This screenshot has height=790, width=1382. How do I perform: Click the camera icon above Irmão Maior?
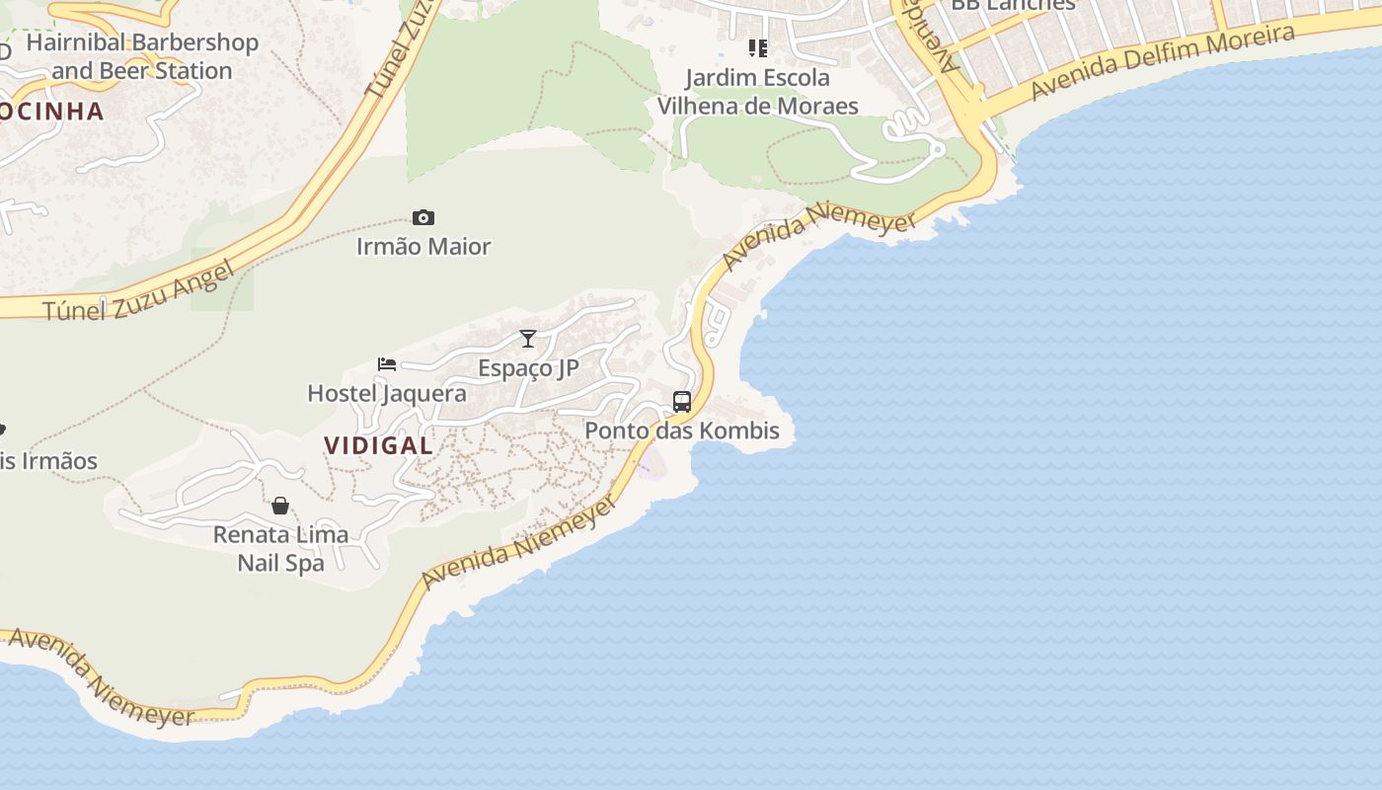423,218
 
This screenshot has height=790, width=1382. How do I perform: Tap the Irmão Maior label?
423,246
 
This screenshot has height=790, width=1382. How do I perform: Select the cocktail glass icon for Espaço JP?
528,339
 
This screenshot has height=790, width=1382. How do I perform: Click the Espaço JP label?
528,367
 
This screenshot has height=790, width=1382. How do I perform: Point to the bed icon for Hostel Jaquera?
387,364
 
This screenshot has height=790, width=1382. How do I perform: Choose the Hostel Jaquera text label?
387,393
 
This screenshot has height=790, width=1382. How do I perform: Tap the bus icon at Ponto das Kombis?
682,402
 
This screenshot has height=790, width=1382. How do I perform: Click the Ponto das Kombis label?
682,431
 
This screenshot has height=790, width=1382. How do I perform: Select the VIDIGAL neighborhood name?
379,445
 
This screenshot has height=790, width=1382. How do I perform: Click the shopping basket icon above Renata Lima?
280,506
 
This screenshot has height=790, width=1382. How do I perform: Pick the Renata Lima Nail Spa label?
280,549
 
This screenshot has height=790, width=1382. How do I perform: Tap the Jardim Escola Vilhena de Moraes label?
758,92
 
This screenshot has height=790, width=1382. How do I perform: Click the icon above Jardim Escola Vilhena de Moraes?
758,47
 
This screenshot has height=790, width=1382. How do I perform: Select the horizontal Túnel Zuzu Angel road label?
139,292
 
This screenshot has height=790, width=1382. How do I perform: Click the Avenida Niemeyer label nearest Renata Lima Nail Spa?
519,541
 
